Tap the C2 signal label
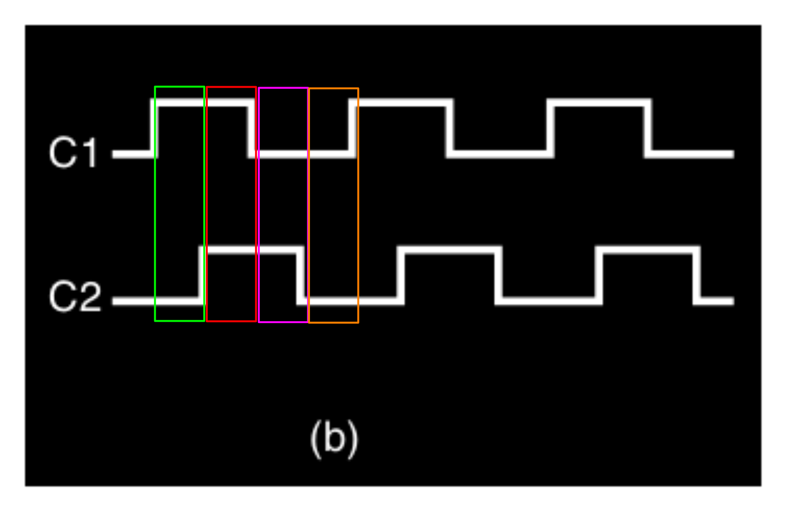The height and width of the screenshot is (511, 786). [75, 297]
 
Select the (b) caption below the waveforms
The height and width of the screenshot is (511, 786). [334, 439]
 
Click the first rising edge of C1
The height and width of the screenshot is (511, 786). [154, 128]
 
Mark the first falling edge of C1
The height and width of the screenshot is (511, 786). [251, 128]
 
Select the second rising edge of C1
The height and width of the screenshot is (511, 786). [352, 128]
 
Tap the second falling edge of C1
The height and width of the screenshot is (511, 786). [450, 128]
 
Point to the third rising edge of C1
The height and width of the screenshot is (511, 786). [551, 128]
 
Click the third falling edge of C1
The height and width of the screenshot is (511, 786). [648, 128]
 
